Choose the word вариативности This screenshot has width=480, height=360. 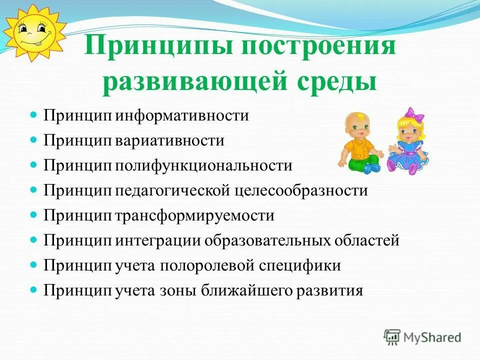170,140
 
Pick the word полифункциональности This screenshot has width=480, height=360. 204,165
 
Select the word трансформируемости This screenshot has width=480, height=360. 196,215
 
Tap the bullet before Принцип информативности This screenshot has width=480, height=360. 34,115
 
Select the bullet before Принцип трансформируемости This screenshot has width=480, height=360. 34,215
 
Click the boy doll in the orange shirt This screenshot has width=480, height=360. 358,144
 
